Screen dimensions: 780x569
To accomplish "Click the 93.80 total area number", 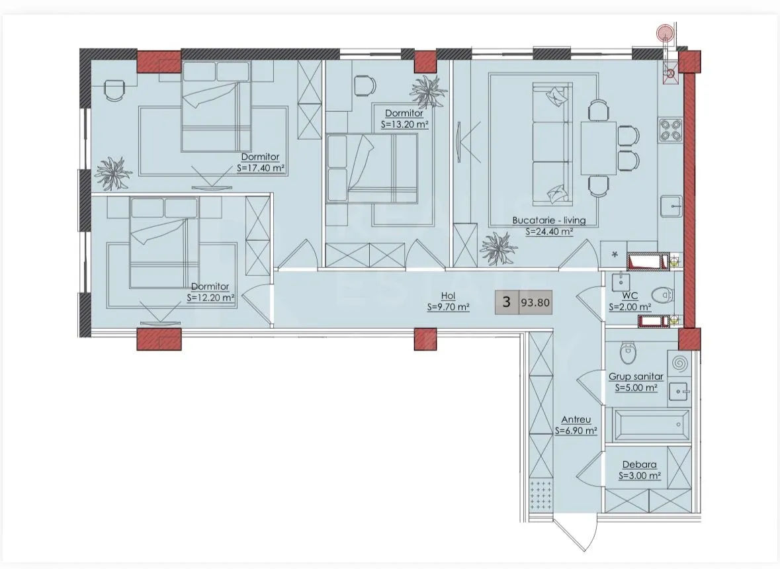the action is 535,302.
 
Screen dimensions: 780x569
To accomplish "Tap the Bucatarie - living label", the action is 548,220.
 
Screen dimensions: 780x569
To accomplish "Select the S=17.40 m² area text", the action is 261,169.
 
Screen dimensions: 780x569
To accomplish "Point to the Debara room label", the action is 640,464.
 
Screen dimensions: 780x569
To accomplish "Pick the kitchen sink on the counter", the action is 671,205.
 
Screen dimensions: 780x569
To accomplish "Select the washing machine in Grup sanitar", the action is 679,364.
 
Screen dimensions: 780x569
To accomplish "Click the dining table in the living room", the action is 599,148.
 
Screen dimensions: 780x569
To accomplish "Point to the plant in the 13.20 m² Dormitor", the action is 427,91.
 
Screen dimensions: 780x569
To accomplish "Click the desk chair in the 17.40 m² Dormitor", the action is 114,90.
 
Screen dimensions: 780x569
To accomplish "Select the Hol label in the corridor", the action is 448,296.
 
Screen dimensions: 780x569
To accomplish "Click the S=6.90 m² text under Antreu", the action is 576,431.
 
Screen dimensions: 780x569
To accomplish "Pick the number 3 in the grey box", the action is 506,302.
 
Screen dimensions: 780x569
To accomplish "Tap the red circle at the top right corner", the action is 664,32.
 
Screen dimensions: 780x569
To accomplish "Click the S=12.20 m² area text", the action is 210,298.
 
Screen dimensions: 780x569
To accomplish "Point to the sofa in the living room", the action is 550,144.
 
